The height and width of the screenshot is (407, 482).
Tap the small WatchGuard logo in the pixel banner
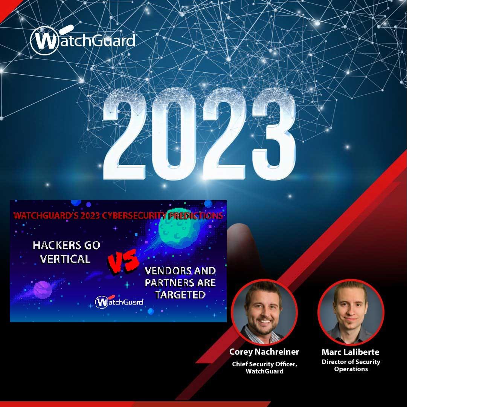click(119, 301)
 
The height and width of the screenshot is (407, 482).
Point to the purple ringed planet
click(43, 290)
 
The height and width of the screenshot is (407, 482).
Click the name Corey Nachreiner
click(264, 352)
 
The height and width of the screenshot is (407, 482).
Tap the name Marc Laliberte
click(351, 352)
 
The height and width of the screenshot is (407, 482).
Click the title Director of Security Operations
click(351, 366)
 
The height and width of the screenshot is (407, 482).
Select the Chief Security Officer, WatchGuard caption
click(265, 367)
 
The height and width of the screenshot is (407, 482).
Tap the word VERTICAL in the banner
click(65, 259)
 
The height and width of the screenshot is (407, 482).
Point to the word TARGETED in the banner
click(180, 294)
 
